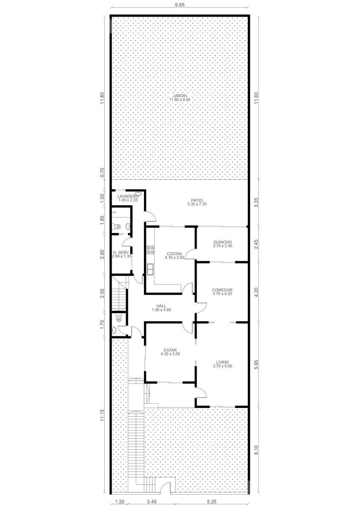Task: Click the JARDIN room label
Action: point(180,96)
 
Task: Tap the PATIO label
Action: point(197,200)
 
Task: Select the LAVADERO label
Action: point(128,196)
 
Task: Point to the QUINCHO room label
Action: point(222,242)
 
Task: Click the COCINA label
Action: point(174,254)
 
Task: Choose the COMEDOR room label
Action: point(222,290)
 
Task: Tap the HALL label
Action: point(161,306)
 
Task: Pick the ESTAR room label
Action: point(170,350)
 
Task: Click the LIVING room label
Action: point(222,362)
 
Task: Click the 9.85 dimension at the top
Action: point(180,5)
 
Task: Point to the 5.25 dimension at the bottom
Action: point(211,501)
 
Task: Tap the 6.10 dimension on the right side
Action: point(256,450)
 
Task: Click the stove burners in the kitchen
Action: point(150,250)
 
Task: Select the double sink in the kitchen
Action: point(150,269)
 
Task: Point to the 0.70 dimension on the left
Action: point(102,173)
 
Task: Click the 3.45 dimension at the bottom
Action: point(152,501)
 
